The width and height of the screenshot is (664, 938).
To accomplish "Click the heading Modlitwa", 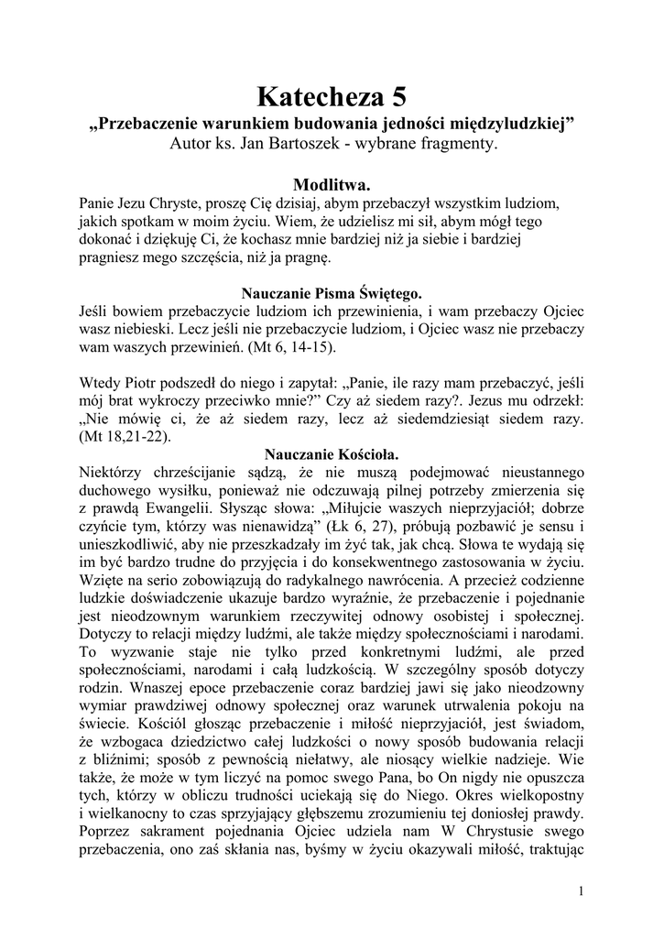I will tap(332, 185).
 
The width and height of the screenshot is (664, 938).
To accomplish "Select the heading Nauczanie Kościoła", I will tap(332, 453).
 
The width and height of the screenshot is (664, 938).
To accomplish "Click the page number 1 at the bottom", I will tap(582, 890).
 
